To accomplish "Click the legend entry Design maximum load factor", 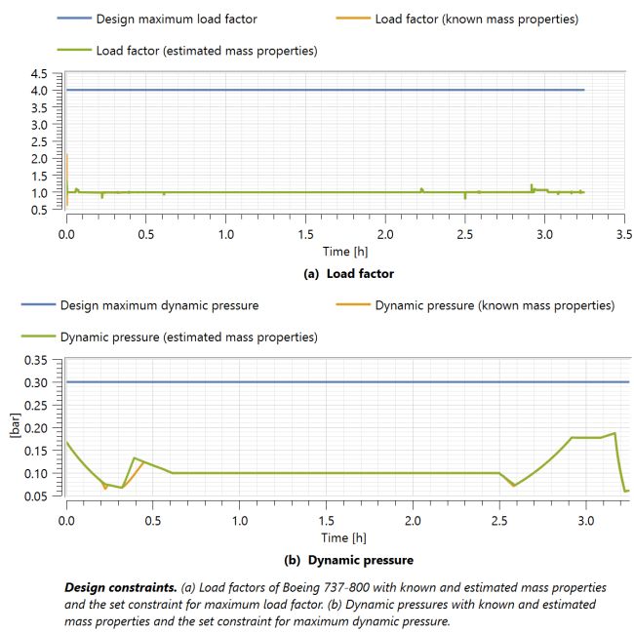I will tap(177, 19).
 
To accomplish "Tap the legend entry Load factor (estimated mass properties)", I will tap(206, 50).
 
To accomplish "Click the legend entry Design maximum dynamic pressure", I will tap(159, 305).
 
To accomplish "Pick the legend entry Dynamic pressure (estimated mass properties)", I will tap(188, 337).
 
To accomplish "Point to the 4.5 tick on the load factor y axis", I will tap(39, 73).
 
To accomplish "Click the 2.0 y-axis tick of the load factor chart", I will tap(39, 158).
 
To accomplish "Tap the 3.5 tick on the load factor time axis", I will tap(624, 235).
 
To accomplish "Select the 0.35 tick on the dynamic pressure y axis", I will tap(35, 360).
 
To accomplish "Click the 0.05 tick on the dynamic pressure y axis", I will tap(35, 496).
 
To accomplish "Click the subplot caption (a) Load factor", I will tap(348, 274).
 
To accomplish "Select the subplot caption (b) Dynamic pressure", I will tap(348, 560).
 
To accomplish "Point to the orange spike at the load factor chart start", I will tap(66, 171).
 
